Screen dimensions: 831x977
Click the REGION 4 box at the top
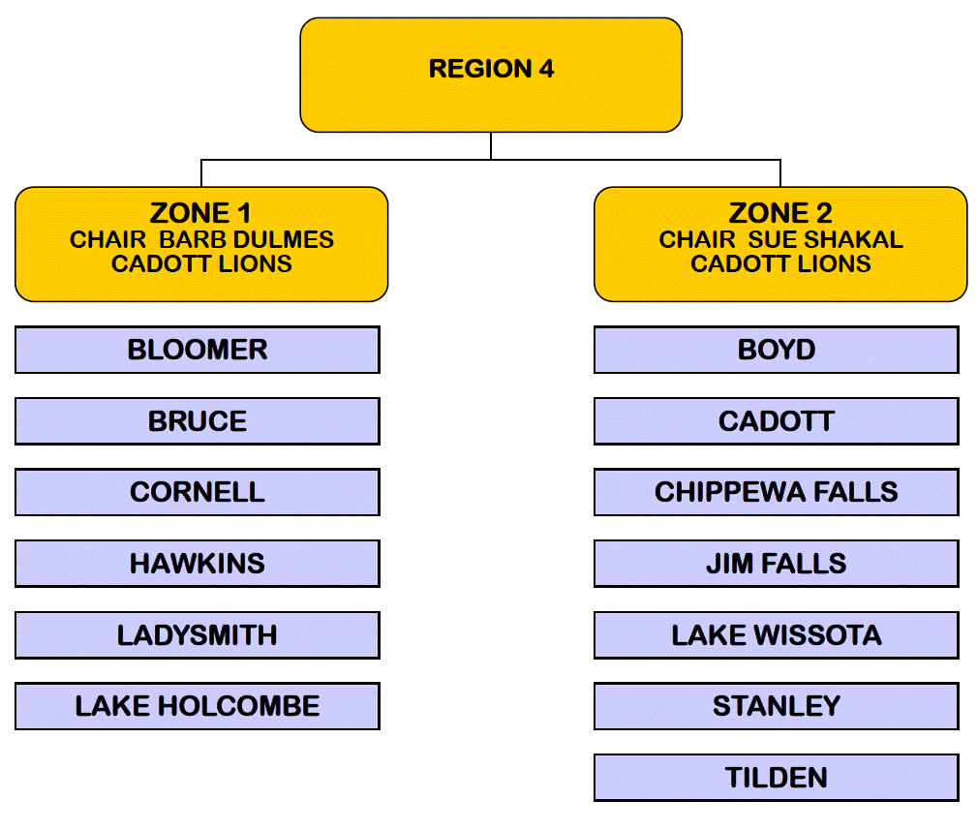pyautogui.click(x=491, y=74)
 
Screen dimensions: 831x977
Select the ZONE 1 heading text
pyautogui.click(x=201, y=213)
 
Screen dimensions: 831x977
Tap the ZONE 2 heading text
pyautogui.click(x=780, y=213)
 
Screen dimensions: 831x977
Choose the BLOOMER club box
pyautogui.click(x=198, y=350)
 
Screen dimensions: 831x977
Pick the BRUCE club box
pyautogui.click(x=198, y=421)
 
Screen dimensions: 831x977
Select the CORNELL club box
pyautogui.click(x=198, y=492)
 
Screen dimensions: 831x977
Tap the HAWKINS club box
pyautogui.click(x=198, y=564)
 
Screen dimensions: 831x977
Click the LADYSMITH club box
pyautogui.click(x=198, y=635)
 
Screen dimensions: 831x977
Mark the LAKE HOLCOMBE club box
pyautogui.click(x=198, y=706)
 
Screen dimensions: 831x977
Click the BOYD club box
pyautogui.click(x=777, y=350)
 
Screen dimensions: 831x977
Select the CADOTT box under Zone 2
pyautogui.click(x=777, y=421)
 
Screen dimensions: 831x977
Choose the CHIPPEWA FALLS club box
pyautogui.click(x=777, y=492)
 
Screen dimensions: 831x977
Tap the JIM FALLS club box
pyautogui.click(x=777, y=564)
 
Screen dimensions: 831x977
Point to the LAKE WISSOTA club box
pyautogui.click(x=777, y=635)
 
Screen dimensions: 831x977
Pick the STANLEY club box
pyautogui.click(x=777, y=706)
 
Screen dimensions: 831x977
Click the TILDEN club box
pyautogui.click(x=777, y=778)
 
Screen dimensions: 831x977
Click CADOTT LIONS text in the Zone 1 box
pyautogui.click(x=201, y=264)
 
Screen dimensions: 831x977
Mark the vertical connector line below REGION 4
pyautogui.click(x=491, y=145)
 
